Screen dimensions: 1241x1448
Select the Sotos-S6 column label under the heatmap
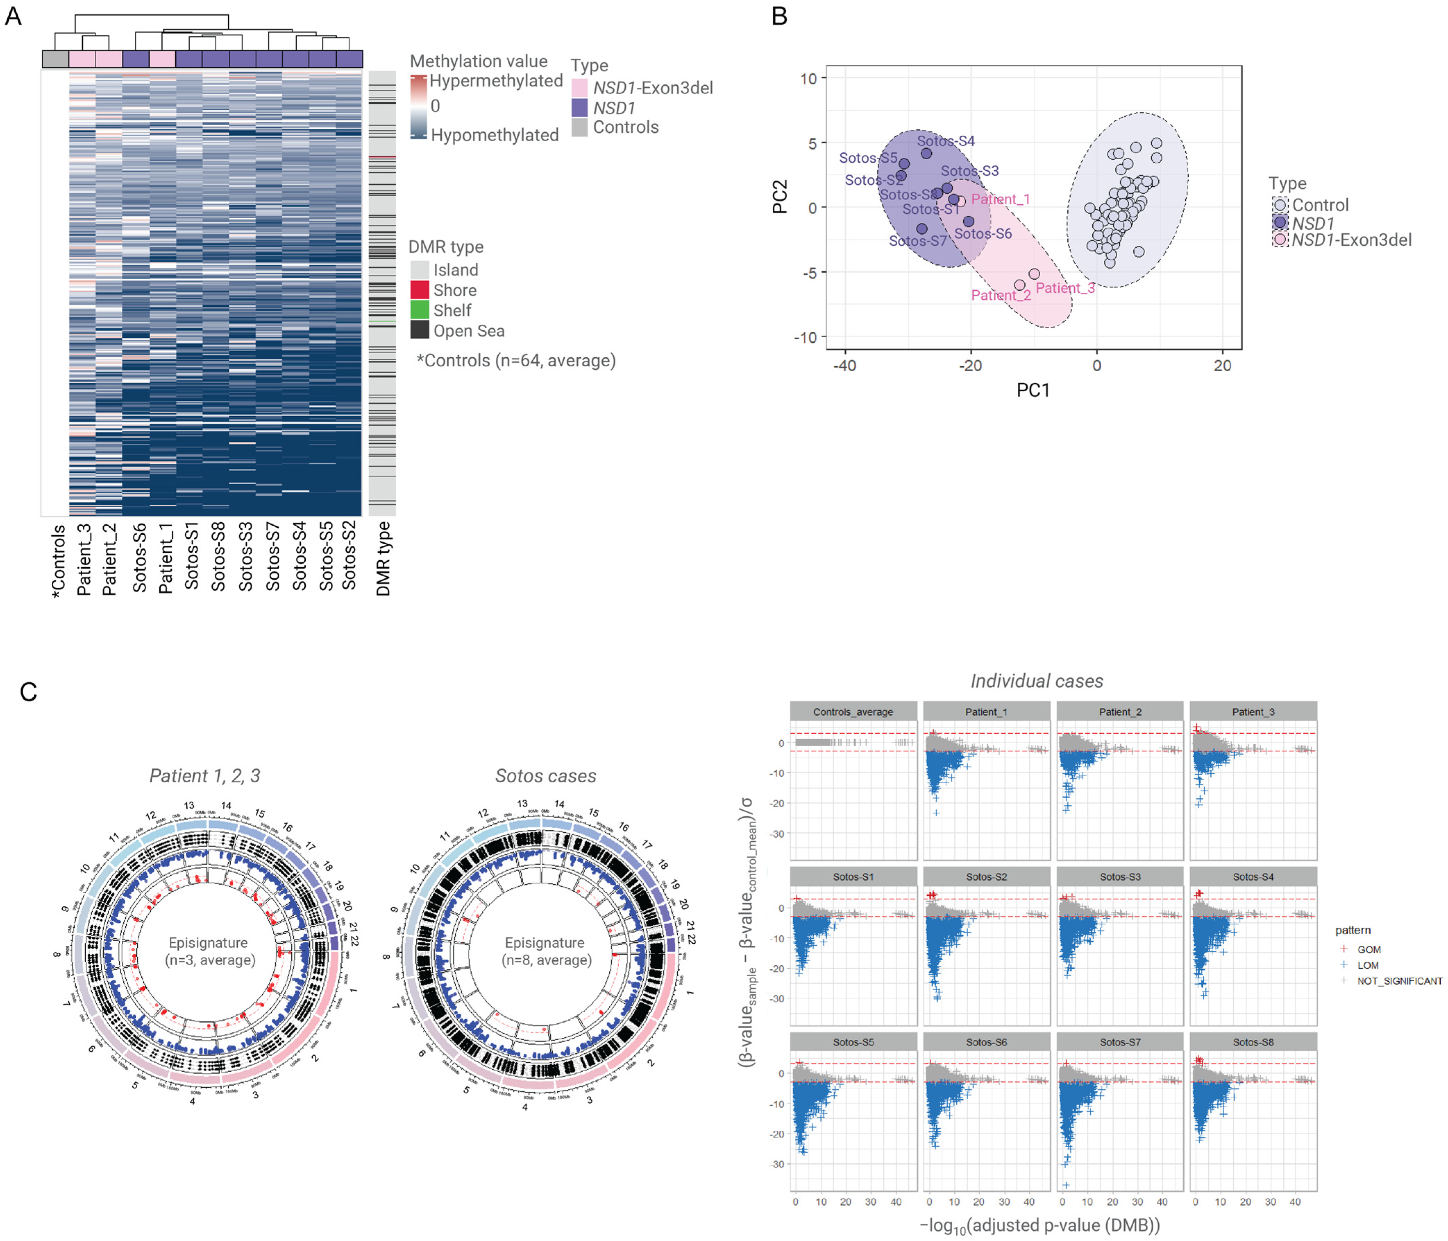(139, 558)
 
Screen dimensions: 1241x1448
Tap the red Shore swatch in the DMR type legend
(419, 290)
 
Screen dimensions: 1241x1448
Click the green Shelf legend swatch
(419, 310)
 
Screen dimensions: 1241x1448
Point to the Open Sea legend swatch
(419, 331)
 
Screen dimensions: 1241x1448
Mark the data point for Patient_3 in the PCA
(1034, 274)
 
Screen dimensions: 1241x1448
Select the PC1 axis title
(1033, 390)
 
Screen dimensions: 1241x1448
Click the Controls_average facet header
(853, 711)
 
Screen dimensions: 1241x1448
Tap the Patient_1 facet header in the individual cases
(986, 711)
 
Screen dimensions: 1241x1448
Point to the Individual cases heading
(1036, 681)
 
